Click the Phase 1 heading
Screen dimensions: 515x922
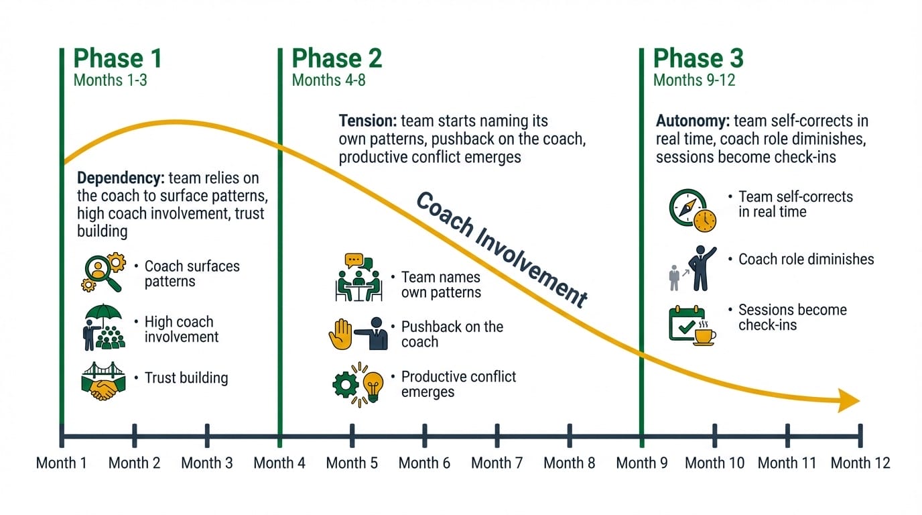pos(117,59)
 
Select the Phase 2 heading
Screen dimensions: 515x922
pos(336,59)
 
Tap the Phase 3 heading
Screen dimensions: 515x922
pos(698,59)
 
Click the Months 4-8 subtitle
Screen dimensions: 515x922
pos(328,80)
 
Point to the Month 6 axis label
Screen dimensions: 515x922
pos(424,463)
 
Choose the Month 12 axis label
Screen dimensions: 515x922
pos(860,463)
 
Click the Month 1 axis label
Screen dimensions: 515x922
pos(61,463)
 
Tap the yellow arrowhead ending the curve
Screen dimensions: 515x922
pos(848,402)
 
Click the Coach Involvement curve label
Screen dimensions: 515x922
pos(501,249)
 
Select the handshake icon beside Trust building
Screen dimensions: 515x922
pos(103,380)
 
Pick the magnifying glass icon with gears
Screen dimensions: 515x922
pos(103,274)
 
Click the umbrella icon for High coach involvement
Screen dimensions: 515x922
pos(103,328)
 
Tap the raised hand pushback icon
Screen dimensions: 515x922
pos(340,333)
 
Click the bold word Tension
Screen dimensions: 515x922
pos(368,121)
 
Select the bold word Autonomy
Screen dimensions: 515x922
pos(693,121)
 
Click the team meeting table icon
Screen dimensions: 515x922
pos(358,277)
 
